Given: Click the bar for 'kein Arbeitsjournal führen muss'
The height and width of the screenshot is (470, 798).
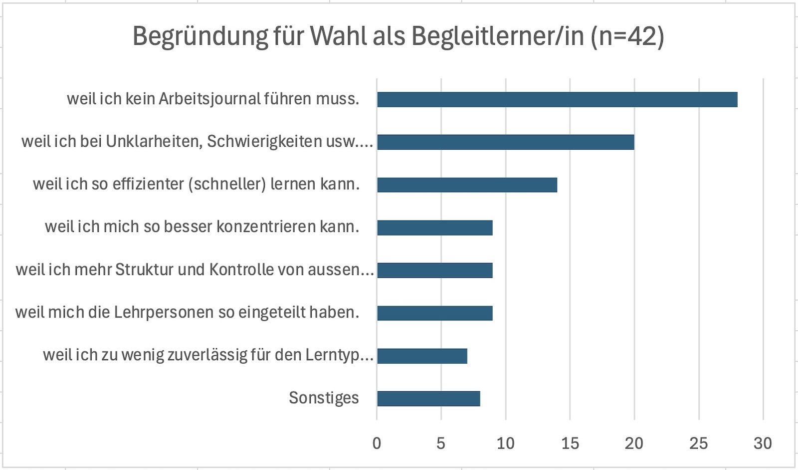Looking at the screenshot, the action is tap(557, 99).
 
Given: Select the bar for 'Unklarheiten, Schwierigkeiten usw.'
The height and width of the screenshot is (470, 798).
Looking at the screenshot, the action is tap(506, 142).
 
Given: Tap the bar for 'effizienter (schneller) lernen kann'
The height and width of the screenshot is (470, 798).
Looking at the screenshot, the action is tap(467, 185).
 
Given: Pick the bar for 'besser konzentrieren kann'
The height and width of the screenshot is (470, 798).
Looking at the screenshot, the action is tap(435, 228).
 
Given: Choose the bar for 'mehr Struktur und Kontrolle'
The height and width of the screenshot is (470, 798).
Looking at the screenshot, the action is tap(435, 270).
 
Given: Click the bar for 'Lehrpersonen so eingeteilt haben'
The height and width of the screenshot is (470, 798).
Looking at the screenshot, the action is tap(435, 313).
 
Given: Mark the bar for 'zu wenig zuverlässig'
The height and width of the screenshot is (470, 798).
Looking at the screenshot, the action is tap(422, 356).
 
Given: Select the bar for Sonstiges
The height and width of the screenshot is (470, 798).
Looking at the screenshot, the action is tap(428, 399).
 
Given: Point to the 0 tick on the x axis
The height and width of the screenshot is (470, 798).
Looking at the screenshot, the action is tap(377, 444).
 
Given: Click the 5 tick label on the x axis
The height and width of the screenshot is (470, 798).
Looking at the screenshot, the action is tap(441, 444).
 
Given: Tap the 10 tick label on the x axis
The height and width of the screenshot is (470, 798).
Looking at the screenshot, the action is tap(506, 444).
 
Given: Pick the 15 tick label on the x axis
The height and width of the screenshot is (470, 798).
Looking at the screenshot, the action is tap(570, 444).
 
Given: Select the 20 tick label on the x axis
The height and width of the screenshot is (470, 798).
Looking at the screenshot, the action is tap(634, 444).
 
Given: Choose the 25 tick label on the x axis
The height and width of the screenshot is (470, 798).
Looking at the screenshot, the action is tap(699, 444).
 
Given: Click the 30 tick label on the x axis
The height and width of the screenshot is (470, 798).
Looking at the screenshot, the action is tap(763, 444).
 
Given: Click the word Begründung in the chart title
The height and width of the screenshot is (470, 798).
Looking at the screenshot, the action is tap(200, 36).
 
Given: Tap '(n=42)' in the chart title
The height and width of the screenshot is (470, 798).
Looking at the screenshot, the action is tap(627, 36).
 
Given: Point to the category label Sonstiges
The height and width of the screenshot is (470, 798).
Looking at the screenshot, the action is tap(324, 398).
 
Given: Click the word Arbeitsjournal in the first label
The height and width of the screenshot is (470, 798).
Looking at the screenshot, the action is tap(210, 99).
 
